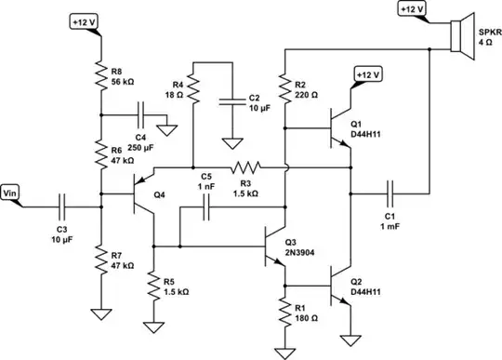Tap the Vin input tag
click(13, 193)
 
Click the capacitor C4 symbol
click(139, 116)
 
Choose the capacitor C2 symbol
click(230, 100)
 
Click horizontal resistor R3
click(246, 168)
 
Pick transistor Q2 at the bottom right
click(341, 285)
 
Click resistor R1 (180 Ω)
click(284, 312)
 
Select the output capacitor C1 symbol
click(390, 193)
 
